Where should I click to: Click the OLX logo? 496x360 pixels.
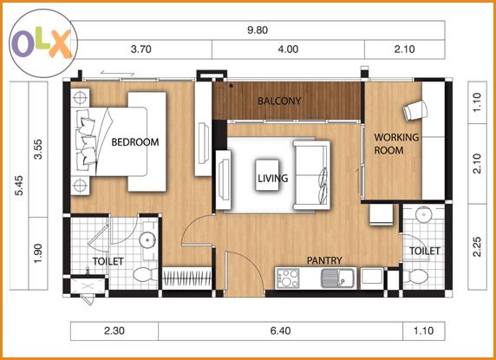pos(43,43)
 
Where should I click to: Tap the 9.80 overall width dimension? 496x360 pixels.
pos(258,30)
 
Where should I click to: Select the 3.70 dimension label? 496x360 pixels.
pos(140,49)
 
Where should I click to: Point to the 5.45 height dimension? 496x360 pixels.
pos(19,186)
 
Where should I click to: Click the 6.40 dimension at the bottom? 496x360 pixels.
pos(280,331)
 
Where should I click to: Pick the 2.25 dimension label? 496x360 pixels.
pos(477,246)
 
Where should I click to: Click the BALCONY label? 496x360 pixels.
pos(279,101)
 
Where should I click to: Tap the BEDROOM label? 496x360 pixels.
pos(135,142)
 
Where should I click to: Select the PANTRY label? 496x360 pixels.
pos(324,260)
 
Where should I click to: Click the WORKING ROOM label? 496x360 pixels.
pos(396,144)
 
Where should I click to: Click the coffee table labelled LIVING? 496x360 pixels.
pos(267,175)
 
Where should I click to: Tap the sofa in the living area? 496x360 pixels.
pos(311,175)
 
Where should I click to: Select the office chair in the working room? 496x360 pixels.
pos(415,110)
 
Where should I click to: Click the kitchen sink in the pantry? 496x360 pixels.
pos(338,278)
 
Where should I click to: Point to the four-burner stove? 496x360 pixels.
pos(288,278)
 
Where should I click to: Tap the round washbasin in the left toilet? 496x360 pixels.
pos(148,239)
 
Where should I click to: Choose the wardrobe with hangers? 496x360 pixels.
pos(187,278)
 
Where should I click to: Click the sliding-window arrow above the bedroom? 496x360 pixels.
pos(117,74)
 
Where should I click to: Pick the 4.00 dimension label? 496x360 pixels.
pos(288,49)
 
